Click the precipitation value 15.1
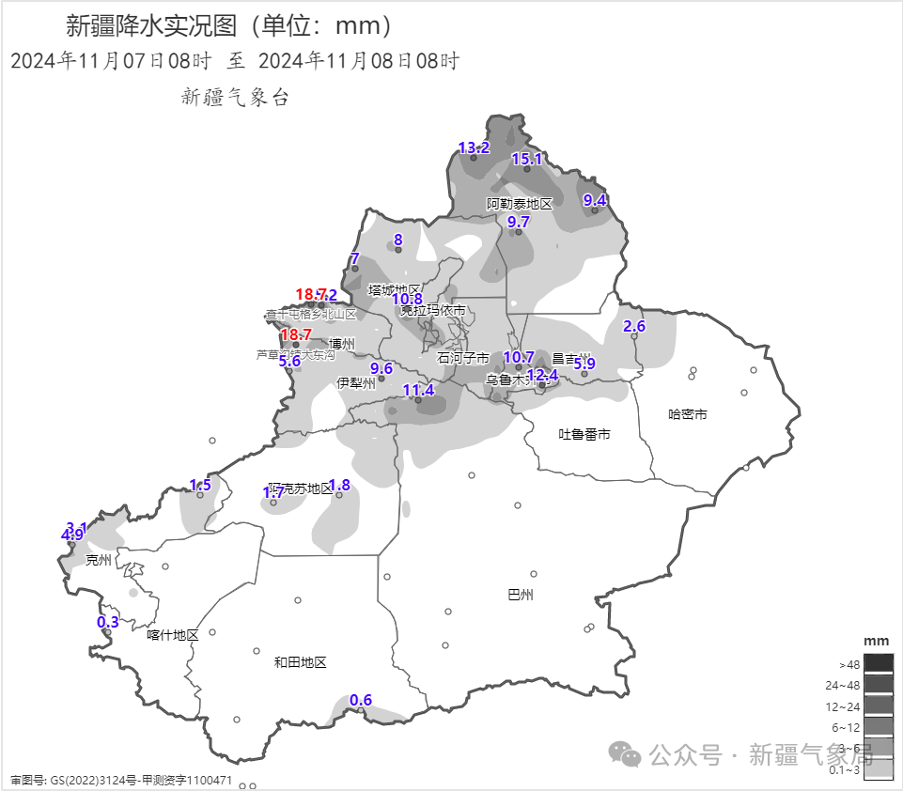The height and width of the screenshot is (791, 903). [526, 159]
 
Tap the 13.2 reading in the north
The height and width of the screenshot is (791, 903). [474, 147]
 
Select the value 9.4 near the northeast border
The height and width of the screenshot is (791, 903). [595, 199]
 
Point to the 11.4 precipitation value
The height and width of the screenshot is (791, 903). [418, 390]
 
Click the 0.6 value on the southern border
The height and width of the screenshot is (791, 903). [361, 700]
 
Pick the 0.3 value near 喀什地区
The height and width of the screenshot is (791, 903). [108, 621]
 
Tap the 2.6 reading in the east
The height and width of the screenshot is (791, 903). [634, 326]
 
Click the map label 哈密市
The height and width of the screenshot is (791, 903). [687, 413]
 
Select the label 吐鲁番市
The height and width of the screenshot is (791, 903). [584, 434]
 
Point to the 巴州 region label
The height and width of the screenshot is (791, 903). [520, 595]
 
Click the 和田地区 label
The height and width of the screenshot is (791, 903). [300, 662]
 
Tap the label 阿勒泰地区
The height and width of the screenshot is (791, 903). [519, 204]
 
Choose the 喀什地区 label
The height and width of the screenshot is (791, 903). [173, 635]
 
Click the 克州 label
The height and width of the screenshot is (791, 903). [98, 560]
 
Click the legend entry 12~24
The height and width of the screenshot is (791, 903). [844, 706]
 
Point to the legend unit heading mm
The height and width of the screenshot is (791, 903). [876, 640]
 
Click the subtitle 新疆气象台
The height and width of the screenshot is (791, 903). [234, 96]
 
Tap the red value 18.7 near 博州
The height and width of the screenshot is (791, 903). [296, 334]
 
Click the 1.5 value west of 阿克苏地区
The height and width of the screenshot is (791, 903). [200, 485]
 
